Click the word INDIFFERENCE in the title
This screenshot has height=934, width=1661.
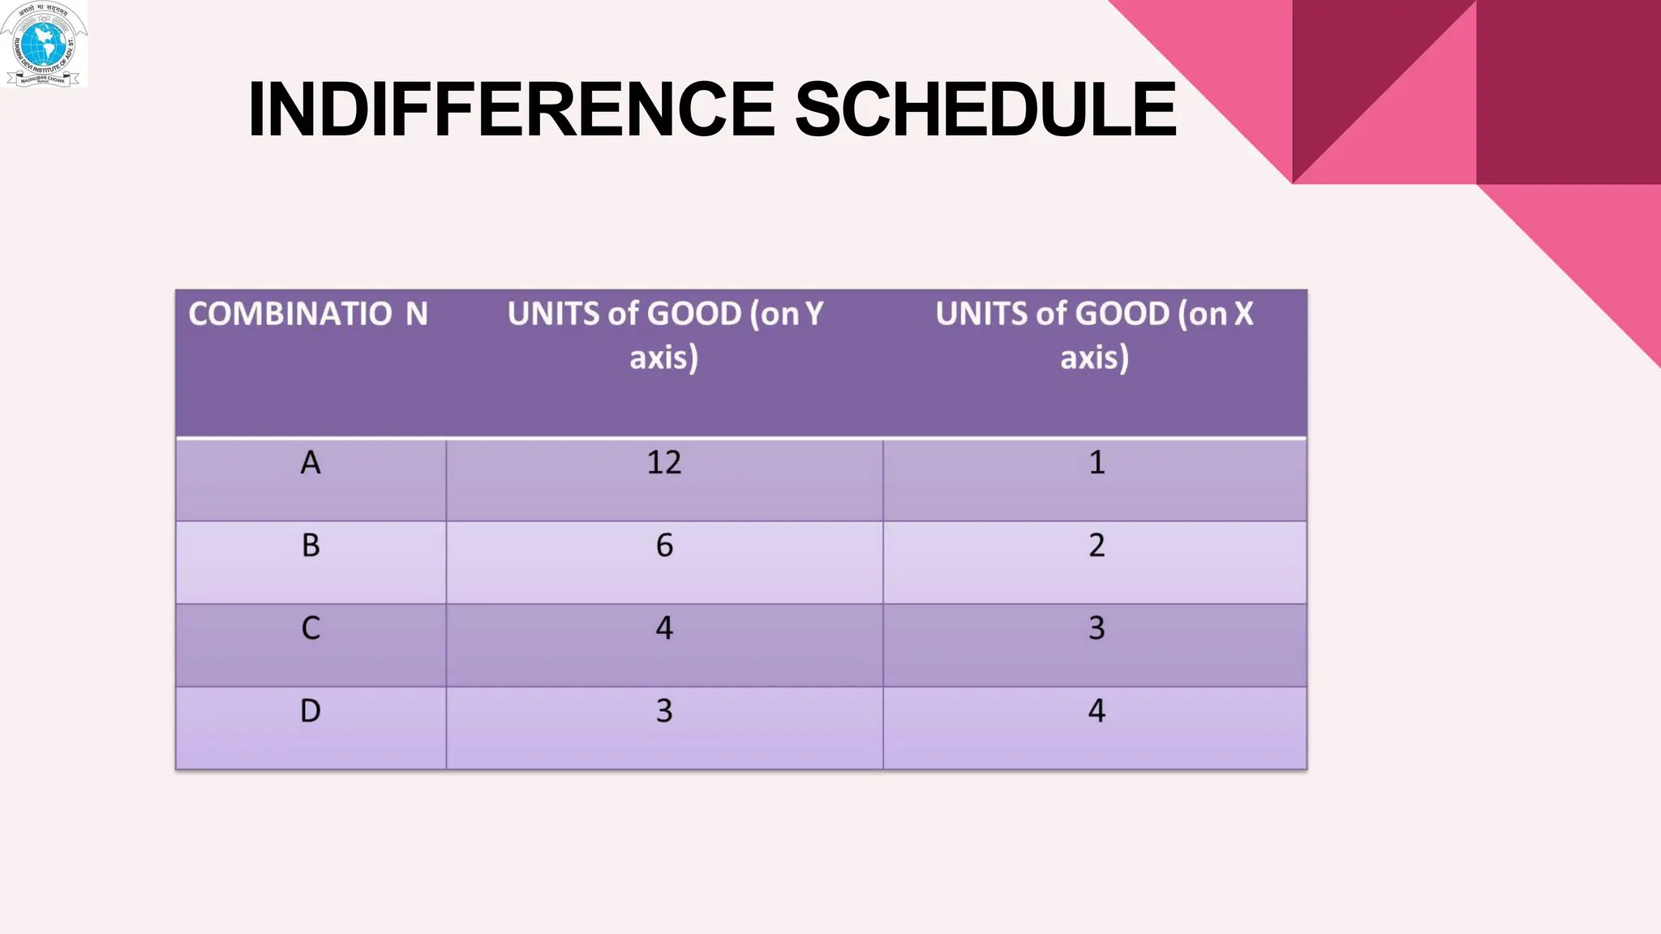click(x=511, y=109)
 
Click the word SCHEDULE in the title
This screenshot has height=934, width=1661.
click(x=985, y=109)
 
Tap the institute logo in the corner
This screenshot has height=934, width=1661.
click(x=44, y=44)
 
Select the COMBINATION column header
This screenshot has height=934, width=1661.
click(x=308, y=315)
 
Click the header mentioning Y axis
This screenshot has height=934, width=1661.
click(x=664, y=335)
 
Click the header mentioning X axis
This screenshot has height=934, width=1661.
click(x=1094, y=335)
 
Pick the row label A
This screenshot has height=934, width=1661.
click(x=311, y=463)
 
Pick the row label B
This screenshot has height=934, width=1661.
click(x=311, y=546)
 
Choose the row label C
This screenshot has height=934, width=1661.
click(x=311, y=628)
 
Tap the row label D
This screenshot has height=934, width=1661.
click(x=311, y=711)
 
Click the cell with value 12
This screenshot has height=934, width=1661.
click(x=664, y=463)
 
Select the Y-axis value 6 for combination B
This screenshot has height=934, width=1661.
click(x=664, y=546)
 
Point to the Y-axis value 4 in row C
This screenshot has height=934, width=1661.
click(x=664, y=628)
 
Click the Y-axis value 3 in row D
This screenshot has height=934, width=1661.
click(x=664, y=711)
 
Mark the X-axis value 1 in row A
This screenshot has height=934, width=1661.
click(x=1097, y=463)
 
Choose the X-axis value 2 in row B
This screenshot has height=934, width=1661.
click(x=1097, y=546)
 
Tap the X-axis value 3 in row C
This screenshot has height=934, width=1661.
click(x=1097, y=628)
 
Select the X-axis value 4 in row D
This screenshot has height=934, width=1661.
click(x=1097, y=711)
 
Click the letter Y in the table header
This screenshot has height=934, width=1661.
click(x=813, y=315)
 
